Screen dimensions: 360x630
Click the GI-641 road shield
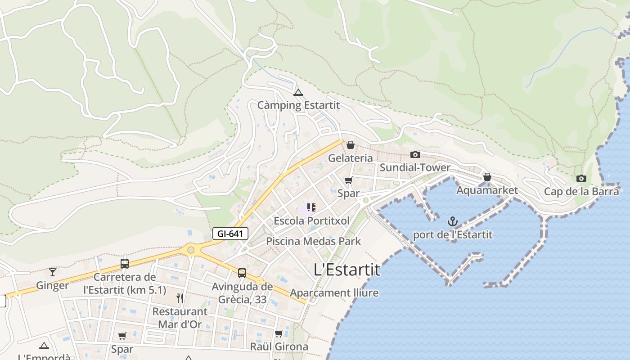pyautogui.click(x=230, y=234)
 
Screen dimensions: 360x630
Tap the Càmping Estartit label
pyautogui.click(x=298, y=105)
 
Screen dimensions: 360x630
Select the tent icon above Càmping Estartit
pyautogui.click(x=298, y=93)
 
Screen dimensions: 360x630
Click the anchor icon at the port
pyautogui.click(x=453, y=221)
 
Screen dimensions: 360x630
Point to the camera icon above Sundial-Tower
pyautogui.click(x=415, y=155)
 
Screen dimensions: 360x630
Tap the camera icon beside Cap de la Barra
pyautogui.click(x=581, y=179)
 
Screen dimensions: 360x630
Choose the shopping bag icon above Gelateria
pyautogui.click(x=351, y=145)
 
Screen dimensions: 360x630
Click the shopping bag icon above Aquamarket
pyautogui.click(x=487, y=177)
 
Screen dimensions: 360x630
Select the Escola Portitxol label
pyautogui.click(x=311, y=221)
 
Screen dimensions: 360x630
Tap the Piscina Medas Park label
pyautogui.click(x=313, y=241)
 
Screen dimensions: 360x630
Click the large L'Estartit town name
pyautogui.click(x=346, y=270)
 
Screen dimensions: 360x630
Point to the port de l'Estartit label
pyautogui.click(x=453, y=235)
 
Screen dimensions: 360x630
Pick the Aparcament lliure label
pyautogui.click(x=334, y=293)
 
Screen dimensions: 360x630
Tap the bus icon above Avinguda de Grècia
pyautogui.click(x=242, y=273)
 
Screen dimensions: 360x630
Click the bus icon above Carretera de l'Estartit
pyautogui.click(x=125, y=264)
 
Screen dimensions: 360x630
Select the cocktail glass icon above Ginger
pyautogui.click(x=53, y=272)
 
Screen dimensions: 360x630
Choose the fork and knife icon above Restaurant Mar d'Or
pyautogui.click(x=180, y=298)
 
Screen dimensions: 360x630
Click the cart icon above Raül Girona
pyautogui.click(x=279, y=334)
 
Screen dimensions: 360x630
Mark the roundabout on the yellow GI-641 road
pyautogui.click(x=191, y=249)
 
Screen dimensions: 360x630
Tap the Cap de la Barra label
pyautogui.click(x=581, y=191)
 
